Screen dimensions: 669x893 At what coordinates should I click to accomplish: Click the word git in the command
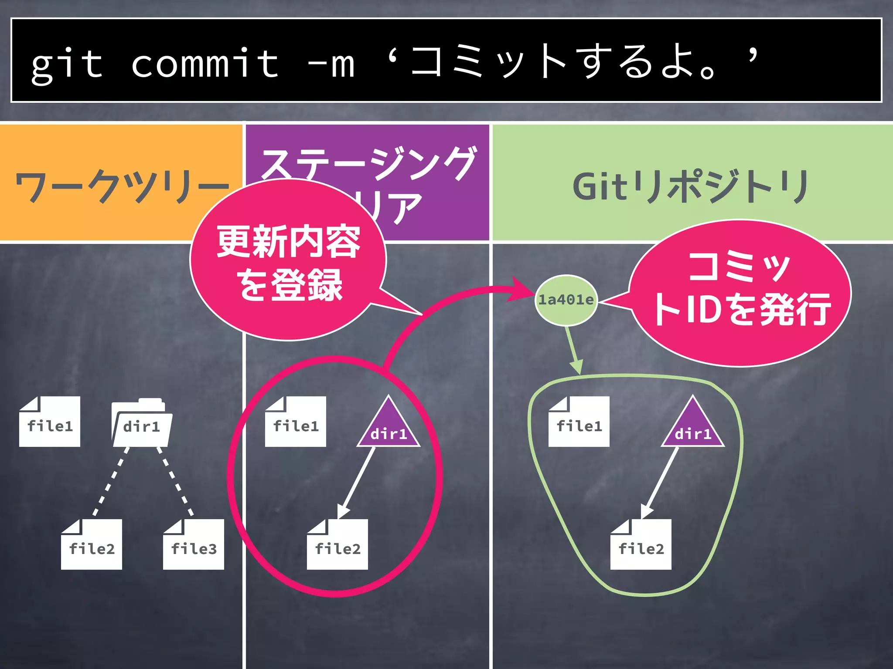coord(67,65)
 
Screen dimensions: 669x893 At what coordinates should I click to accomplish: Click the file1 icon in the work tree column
coord(50,422)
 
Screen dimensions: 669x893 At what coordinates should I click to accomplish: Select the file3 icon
coord(194,545)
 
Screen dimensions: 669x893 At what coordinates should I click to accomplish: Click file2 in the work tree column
coord(92,545)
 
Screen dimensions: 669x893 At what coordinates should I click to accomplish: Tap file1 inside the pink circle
coord(296,422)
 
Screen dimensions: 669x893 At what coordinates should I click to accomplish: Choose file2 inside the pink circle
coord(337,545)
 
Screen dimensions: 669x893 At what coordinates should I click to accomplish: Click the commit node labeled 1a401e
coord(566,300)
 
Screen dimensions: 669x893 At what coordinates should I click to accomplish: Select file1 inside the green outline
coord(579,422)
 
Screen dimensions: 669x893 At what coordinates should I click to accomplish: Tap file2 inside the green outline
coord(641,545)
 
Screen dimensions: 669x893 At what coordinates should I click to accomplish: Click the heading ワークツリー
coord(122,186)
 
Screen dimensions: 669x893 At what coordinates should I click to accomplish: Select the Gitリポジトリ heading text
coord(691,186)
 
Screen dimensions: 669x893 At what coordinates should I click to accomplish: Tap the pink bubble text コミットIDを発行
coord(741,290)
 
